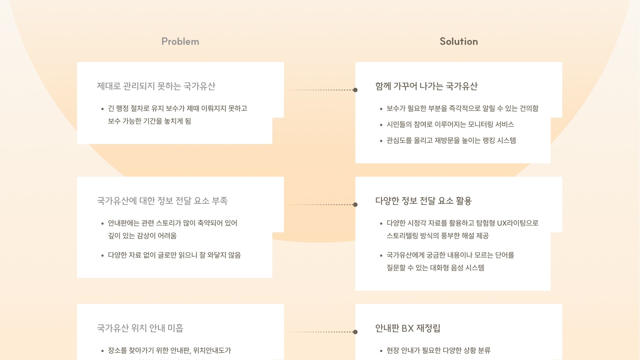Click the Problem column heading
click(180, 41)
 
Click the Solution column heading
click(459, 41)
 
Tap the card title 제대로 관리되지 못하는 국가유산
click(156, 86)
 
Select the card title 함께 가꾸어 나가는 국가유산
click(426, 86)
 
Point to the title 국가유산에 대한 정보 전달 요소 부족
click(162, 201)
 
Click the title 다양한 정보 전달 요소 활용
click(423, 201)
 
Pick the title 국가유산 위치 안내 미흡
click(140, 328)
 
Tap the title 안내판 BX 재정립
click(408, 328)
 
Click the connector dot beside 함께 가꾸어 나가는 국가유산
click(355, 90)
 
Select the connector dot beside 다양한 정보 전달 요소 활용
click(355, 205)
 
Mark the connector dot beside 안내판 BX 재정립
click(355, 332)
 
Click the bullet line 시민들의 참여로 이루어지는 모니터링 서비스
click(450, 125)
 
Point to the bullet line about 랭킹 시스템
click(451, 141)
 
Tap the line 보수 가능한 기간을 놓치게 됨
click(149, 121)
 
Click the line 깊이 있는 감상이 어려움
click(142, 236)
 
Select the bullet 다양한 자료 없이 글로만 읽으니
click(174, 255)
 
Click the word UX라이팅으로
click(517, 223)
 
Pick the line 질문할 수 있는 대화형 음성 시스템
click(435, 268)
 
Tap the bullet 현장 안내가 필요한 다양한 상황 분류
click(438, 351)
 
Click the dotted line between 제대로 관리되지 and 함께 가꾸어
click(320, 90)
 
